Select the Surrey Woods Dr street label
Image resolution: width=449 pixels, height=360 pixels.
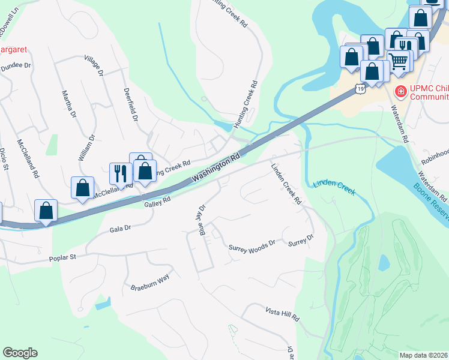pyautogui.click(x=252, y=245)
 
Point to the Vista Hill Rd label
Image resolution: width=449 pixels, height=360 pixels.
pyautogui.click(x=282, y=313)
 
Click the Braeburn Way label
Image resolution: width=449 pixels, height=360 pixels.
pyautogui.click(x=150, y=284)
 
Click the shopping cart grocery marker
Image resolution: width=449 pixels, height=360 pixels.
pyautogui.click(x=398, y=60)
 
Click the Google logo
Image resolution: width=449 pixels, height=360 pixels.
pyautogui.click(x=20, y=353)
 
